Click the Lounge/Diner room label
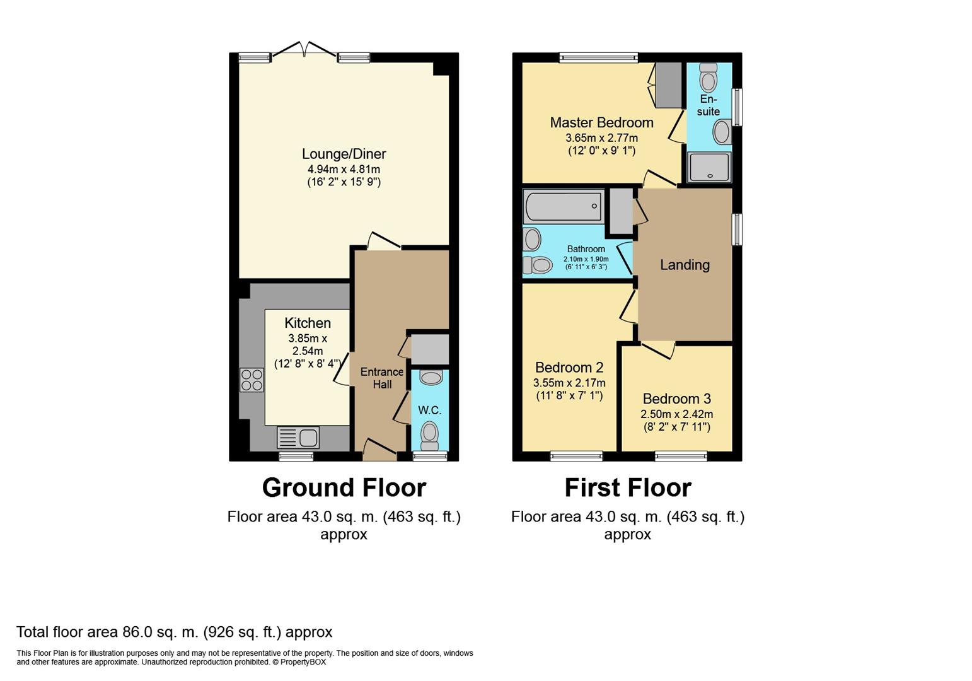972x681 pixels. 344,154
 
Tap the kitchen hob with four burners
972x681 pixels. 252,380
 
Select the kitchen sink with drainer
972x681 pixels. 298,437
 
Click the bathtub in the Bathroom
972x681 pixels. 564,206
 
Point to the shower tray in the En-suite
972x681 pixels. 709,167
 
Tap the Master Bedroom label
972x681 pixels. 601,123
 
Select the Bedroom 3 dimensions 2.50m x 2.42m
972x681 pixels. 677,414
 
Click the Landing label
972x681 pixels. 685,265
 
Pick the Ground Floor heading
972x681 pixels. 344,487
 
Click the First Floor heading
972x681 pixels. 628,487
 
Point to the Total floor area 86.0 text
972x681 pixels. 175,632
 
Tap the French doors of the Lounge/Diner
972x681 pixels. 304,50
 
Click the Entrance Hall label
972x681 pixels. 382,378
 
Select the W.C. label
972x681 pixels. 430,410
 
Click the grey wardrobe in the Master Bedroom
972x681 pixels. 668,86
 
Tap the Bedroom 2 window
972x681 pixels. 576,456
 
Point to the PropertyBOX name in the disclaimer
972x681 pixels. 303,662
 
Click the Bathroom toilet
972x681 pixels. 537,265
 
